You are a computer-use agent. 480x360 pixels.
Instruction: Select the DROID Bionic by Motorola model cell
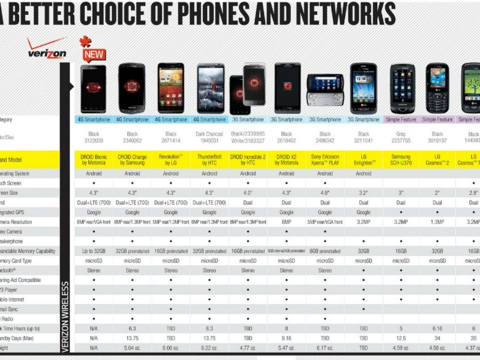click(x=93, y=160)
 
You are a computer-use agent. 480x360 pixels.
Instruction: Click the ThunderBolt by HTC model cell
click(x=209, y=160)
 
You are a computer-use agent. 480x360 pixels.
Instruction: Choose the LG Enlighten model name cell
click(x=364, y=160)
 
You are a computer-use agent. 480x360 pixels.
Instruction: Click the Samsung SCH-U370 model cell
click(x=401, y=160)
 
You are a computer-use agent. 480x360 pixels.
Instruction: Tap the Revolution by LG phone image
click(x=171, y=88)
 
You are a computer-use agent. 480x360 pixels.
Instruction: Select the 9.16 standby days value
click(x=286, y=338)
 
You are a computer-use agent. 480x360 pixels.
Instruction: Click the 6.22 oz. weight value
click(x=209, y=348)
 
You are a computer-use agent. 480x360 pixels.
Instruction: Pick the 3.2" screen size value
click(x=364, y=193)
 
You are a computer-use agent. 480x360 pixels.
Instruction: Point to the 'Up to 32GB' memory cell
click(x=93, y=251)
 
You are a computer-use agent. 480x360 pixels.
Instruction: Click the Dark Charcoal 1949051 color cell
click(x=209, y=137)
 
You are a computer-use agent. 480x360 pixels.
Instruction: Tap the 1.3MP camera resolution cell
click(x=437, y=222)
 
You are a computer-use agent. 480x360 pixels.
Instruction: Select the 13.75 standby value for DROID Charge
click(x=132, y=338)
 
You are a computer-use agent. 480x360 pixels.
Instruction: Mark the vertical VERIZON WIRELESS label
click(x=65, y=317)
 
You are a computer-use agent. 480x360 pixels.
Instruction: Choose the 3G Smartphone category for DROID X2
click(x=286, y=120)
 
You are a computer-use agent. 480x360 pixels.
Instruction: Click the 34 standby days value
click(x=437, y=338)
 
